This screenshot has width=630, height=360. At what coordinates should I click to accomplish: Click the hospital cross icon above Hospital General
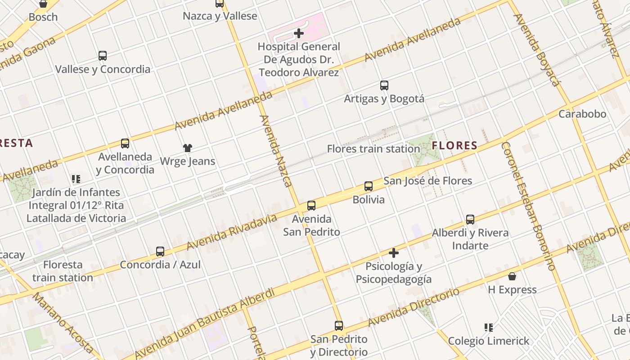[298, 33]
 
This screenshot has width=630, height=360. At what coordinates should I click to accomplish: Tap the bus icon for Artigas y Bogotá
[384, 85]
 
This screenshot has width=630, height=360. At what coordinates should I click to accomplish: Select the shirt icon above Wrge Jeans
[188, 148]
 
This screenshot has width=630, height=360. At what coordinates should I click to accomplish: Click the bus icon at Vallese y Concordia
[103, 56]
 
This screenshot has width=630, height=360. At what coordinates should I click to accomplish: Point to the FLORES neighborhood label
[454, 145]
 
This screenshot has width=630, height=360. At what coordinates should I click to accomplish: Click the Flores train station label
[373, 149]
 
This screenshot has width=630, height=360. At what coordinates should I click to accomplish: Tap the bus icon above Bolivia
[369, 186]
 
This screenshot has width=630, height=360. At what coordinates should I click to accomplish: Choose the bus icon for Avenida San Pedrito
[311, 206]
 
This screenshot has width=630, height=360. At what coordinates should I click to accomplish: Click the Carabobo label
[582, 114]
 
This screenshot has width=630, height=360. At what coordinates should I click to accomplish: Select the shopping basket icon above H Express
[512, 276]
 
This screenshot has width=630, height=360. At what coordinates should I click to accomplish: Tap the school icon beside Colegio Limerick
[488, 328]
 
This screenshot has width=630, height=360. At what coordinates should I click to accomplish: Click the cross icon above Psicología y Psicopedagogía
[394, 253]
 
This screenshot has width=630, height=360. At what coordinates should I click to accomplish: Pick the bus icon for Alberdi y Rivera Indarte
[470, 220]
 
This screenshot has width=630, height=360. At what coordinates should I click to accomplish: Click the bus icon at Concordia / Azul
[160, 252]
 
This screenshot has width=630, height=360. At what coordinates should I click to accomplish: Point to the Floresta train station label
[63, 271]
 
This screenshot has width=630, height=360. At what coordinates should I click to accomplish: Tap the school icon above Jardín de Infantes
[76, 179]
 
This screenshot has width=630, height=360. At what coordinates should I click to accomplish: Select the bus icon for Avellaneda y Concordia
[125, 144]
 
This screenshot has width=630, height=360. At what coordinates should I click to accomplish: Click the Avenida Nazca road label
[276, 151]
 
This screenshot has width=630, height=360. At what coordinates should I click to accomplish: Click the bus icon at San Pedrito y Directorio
[339, 326]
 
